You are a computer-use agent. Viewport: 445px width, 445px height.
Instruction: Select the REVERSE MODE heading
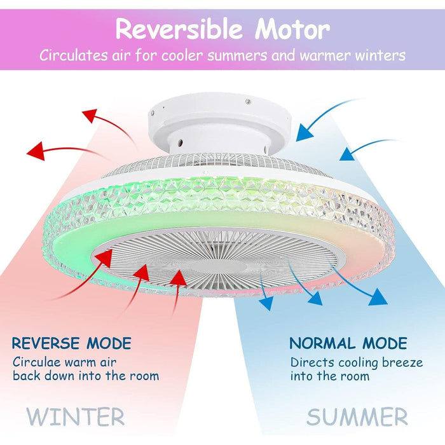tap(71, 344)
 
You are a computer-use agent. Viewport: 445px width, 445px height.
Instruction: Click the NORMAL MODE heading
tap(348, 344)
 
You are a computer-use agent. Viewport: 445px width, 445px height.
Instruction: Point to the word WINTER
tap(76, 417)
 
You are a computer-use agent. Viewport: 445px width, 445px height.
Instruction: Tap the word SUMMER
tap(357, 417)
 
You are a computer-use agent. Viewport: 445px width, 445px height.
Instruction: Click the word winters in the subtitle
tap(376, 55)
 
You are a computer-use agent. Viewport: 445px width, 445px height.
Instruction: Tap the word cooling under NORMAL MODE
tap(359, 362)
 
